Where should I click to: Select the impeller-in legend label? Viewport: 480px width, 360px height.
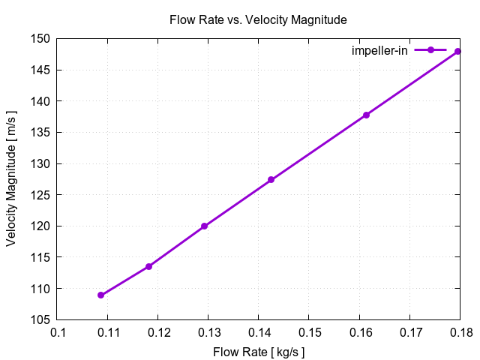379,50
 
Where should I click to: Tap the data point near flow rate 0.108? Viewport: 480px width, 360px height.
100,295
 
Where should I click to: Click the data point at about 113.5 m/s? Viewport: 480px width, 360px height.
148,266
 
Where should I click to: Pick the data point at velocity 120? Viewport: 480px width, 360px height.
204,226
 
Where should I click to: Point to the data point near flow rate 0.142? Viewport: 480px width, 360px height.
271,180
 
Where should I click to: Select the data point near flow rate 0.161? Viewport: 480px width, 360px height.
366,115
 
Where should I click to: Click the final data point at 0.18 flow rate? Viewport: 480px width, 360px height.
457,51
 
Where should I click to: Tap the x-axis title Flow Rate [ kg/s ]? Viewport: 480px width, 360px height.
259,352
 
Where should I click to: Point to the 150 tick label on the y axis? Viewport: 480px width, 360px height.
41,38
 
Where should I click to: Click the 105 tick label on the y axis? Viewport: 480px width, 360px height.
41,319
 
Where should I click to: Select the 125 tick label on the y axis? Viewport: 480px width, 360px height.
41,195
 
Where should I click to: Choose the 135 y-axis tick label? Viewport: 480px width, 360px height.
41,132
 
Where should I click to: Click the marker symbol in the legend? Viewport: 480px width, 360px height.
430,50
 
